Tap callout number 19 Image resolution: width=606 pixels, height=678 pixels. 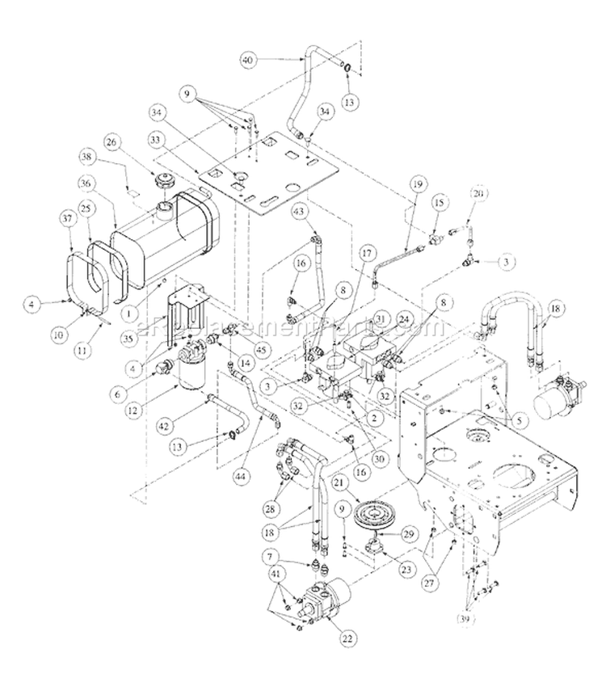pyautogui.click(x=415, y=184)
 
